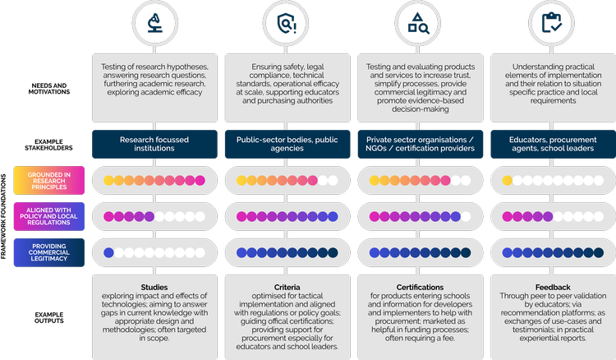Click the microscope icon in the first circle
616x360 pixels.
(x=154, y=24)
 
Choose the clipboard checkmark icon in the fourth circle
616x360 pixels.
(x=552, y=24)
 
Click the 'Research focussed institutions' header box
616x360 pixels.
(x=154, y=144)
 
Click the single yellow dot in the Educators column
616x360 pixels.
(x=508, y=180)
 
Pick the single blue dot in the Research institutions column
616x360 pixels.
(x=108, y=252)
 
